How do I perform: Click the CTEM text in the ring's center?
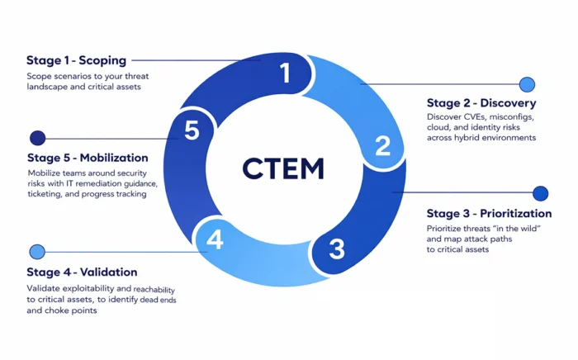283,168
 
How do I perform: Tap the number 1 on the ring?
286,74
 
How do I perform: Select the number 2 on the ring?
383,146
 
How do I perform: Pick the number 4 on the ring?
215,240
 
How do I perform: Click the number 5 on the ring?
192,131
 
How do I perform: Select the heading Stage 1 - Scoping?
75,60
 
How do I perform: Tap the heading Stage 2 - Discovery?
481,103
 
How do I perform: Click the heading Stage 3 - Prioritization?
489,214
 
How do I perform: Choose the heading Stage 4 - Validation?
82,272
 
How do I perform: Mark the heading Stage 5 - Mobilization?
87,158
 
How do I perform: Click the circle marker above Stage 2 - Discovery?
527,84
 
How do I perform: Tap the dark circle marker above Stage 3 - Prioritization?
540,193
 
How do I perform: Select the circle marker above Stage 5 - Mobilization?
37,138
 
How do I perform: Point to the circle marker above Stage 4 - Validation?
37,252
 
